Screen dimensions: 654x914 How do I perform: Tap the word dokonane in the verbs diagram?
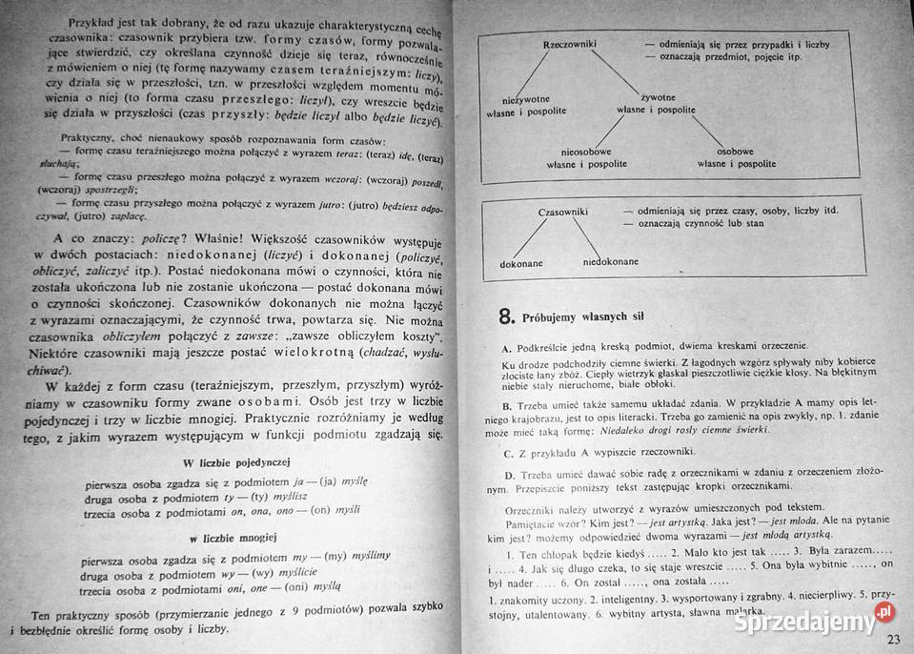click(519, 261)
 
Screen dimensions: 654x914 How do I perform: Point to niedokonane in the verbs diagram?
click(609, 261)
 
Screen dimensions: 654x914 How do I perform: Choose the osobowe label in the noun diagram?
click(735, 151)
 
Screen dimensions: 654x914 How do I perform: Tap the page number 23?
click(893, 639)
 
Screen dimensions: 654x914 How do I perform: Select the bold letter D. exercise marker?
click(509, 474)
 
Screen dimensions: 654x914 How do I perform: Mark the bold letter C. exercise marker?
click(509, 451)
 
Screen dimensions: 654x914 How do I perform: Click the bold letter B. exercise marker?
click(508, 404)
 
